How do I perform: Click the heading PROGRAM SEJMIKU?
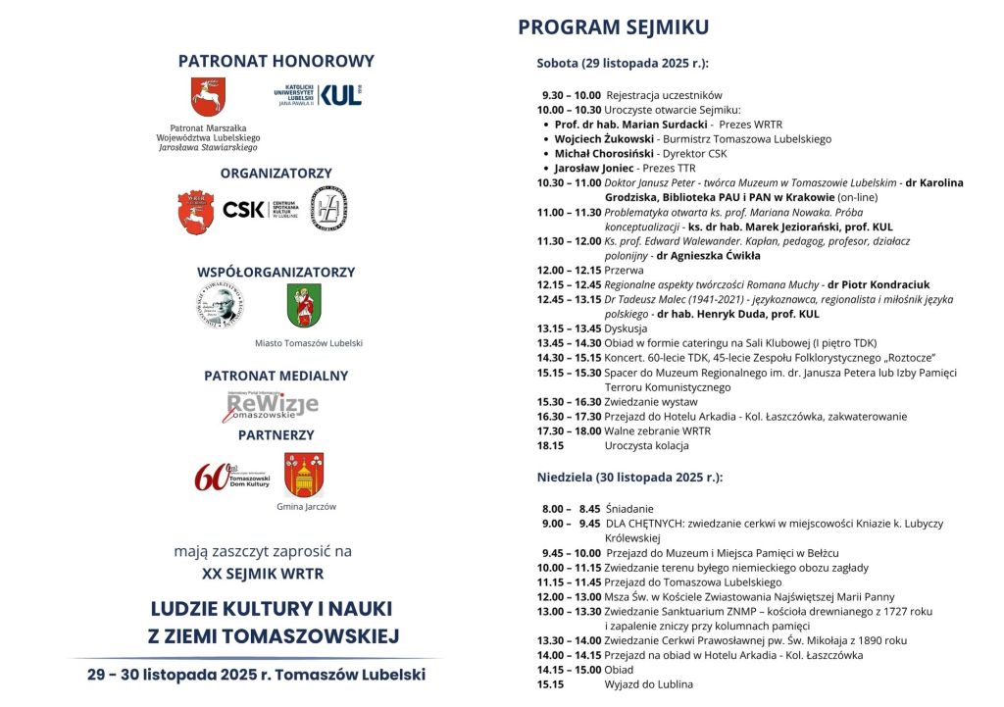tap(613, 26)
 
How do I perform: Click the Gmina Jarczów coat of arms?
tap(304, 475)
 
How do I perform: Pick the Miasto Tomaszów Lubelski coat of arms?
tap(304, 306)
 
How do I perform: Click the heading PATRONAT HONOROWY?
tap(276, 61)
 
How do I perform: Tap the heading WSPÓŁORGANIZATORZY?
tap(276, 272)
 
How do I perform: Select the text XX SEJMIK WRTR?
tap(262, 573)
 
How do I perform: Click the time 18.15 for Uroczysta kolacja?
tap(551, 445)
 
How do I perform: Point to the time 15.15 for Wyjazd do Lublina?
tap(551, 684)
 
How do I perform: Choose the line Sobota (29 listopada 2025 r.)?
tap(623, 64)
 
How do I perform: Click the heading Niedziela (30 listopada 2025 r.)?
tap(629, 478)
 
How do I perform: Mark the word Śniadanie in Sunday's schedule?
tap(629, 509)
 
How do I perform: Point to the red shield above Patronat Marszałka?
tap(208, 97)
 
